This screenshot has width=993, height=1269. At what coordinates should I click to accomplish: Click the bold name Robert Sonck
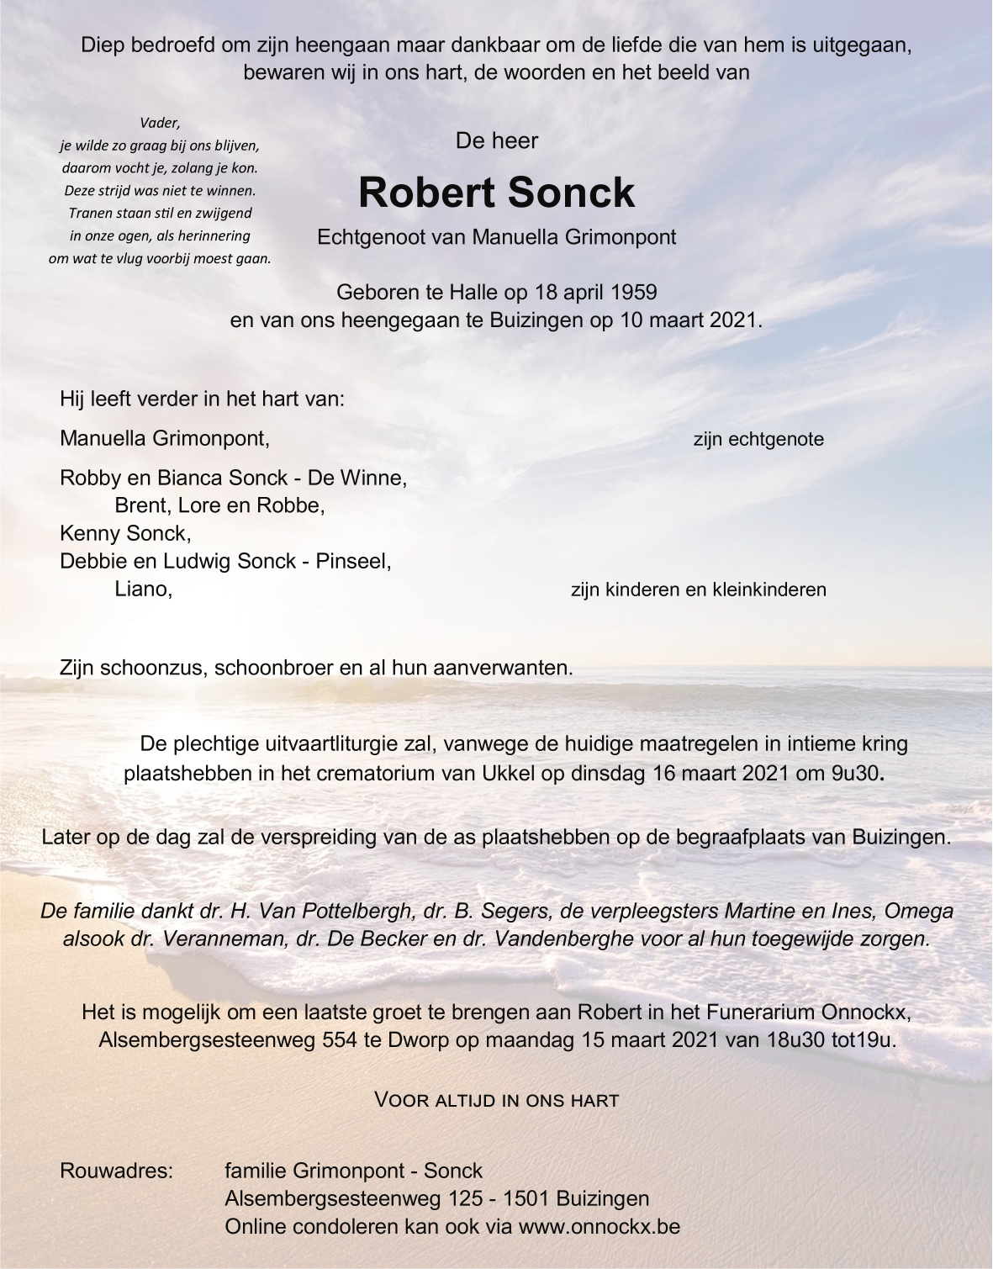496,193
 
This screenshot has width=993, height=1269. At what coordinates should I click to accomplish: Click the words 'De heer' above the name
496,140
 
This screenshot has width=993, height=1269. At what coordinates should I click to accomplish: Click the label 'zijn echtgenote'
758,439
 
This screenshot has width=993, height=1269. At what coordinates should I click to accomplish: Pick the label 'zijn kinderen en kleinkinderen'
698,590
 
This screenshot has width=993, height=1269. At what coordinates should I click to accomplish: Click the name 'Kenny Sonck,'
125,533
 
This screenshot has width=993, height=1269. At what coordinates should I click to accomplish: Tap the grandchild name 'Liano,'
143,589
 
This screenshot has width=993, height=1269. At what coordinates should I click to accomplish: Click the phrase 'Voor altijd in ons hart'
496,1099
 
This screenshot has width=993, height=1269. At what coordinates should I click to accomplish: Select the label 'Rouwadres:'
116,1171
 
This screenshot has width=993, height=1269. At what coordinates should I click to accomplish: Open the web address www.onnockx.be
599,1226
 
